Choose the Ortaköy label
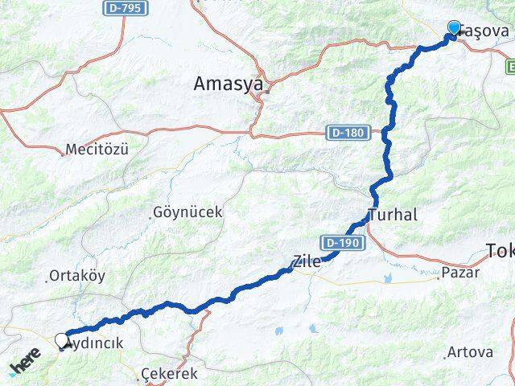tap(77, 275)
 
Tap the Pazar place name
tap(461, 272)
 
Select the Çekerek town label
tap(169, 374)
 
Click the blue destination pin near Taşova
tap(455, 30)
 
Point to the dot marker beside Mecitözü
tap(64, 153)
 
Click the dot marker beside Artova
tap(446, 355)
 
